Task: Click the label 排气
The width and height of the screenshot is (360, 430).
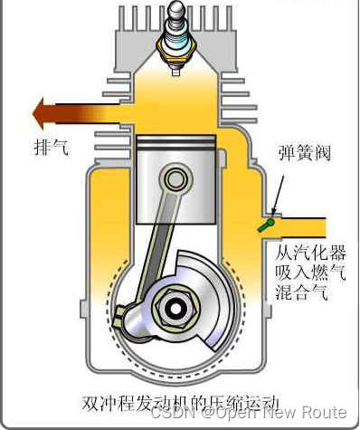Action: tap(51, 145)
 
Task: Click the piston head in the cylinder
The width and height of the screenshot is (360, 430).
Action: tap(175, 145)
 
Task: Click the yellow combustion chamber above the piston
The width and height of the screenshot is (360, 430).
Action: tap(175, 100)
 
